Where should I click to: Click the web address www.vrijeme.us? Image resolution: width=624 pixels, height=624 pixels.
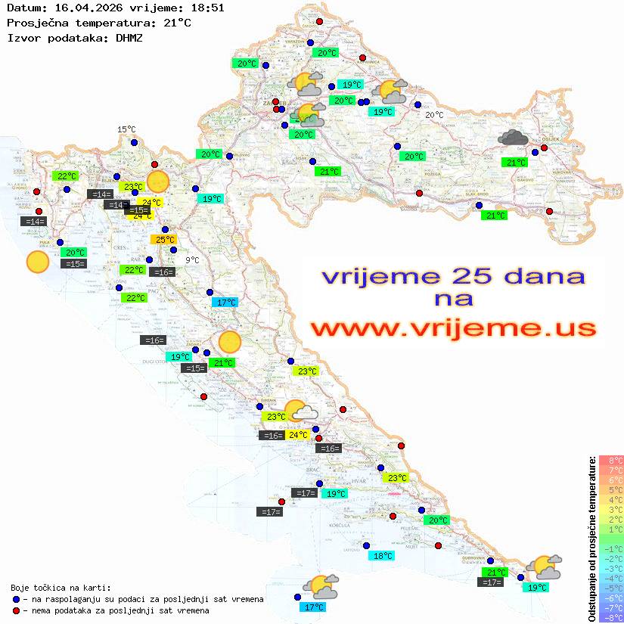(453, 329)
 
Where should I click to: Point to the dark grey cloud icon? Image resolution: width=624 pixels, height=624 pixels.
(514, 138)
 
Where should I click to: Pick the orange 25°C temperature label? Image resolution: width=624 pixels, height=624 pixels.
(165, 240)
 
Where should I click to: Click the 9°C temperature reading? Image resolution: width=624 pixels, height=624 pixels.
(193, 260)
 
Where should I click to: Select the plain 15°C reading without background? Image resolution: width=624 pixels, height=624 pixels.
(126, 130)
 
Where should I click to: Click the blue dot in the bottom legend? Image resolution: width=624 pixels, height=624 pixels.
(16, 599)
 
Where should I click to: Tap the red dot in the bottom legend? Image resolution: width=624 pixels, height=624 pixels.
(16, 610)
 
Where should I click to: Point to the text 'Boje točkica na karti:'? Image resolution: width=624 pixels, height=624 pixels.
(61, 588)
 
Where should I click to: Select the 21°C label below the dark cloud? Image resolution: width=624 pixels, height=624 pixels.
(516, 163)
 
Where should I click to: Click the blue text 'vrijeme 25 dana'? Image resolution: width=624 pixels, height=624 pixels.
(453, 276)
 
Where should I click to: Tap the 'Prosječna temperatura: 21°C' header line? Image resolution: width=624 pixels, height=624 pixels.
(98, 23)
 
